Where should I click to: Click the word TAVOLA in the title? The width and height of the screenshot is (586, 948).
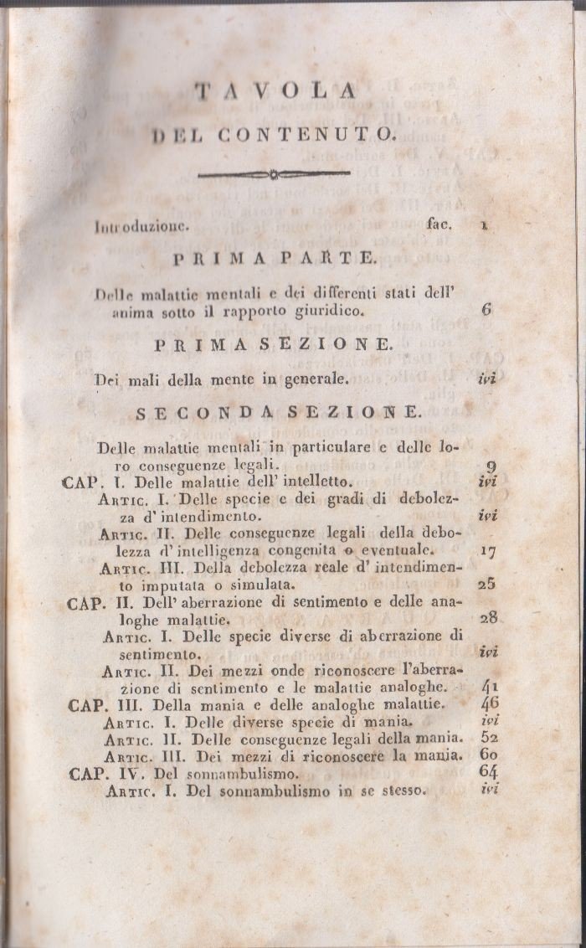pos(275,91)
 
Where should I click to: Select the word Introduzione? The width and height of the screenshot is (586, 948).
pos(144,225)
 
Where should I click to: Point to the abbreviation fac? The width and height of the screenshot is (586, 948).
pos(439,224)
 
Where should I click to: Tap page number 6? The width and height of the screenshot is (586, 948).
pos(486,308)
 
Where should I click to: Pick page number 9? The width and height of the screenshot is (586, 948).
pos(489,466)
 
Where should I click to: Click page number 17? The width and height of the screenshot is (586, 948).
pos(488,550)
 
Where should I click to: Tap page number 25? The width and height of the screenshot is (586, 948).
pos(487,584)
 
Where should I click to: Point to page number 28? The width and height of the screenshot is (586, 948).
pos(489,618)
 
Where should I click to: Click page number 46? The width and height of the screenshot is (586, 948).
pos(490,703)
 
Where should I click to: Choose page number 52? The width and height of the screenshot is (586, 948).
pos(490,738)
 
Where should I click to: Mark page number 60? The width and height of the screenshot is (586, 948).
pos(490,755)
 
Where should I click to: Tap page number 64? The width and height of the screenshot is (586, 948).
pos(490,772)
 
